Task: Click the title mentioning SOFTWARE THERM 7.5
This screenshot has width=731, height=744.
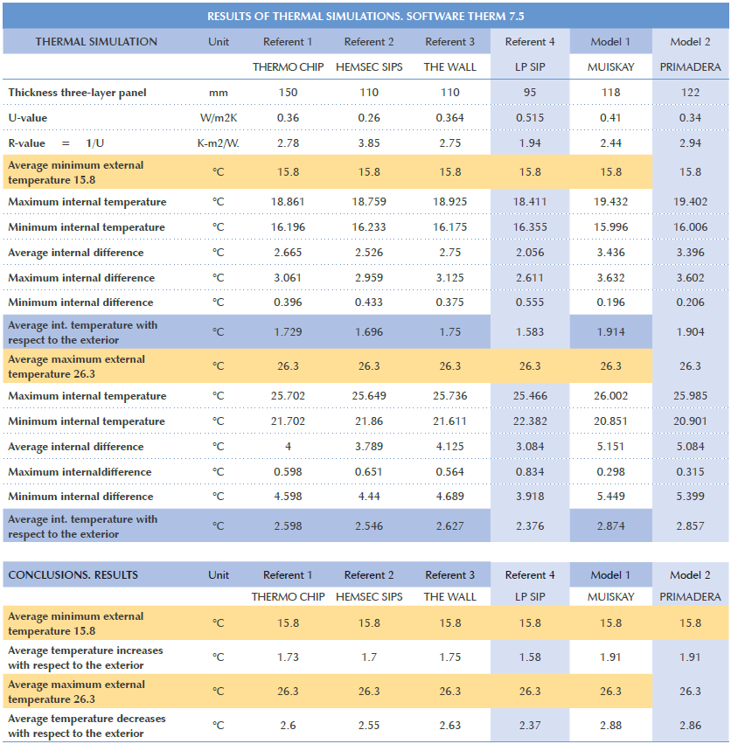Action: click(x=365, y=17)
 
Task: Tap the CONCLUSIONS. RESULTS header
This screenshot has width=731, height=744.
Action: click(x=73, y=575)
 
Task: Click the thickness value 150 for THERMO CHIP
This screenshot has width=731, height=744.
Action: click(x=287, y=93)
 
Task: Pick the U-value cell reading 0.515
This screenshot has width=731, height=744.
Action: click(x=530, y=118)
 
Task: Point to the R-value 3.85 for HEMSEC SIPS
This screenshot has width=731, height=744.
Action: click(x=368, y=143)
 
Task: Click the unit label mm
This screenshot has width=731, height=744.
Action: click(x=219, y=93)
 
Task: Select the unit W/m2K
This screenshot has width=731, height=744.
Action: click(x=219, y=118)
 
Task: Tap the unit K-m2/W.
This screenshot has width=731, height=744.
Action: click(x=219, y=143)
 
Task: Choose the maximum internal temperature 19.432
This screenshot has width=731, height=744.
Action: click(x=610, y=202)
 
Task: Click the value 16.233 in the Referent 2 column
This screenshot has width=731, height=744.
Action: click(x=368, y=227)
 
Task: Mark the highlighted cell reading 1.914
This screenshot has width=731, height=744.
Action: click(x=610, y=332)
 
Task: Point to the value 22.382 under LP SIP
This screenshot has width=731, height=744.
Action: click(x=530, y=421)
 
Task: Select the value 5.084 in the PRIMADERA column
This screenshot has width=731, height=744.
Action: click(x=690, y=447)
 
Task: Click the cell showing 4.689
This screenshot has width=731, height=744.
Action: click(x=449, y=497)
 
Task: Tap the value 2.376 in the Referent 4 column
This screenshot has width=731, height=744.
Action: click(x=530, y=526)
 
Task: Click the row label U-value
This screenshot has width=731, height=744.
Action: click(x=28, y=118)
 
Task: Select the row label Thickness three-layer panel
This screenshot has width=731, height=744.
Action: click(x=77, y=93)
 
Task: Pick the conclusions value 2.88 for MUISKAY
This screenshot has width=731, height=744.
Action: click(x=610, y=726)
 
